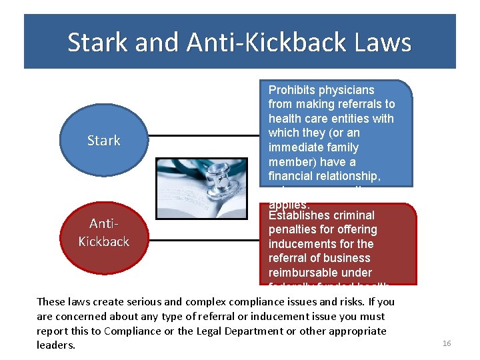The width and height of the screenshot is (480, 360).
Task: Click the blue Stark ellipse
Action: click(103, 140)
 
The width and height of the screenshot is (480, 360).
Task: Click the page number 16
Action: click(447, 343)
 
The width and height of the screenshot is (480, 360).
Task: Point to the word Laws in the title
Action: click(383, 43)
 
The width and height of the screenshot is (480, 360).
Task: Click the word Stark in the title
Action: click(99, 43)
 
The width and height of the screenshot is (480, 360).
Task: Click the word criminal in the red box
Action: click(357, 215)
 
